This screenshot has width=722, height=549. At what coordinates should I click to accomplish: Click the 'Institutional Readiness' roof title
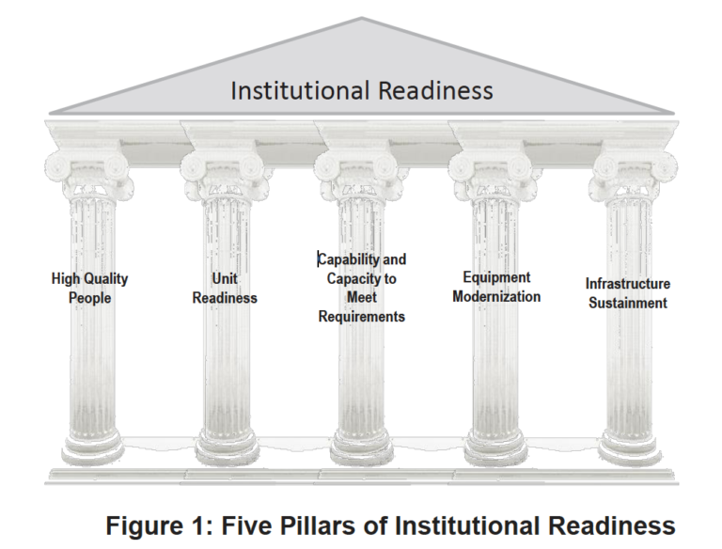pos(362,91)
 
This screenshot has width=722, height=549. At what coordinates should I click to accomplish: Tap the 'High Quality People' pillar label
pos(89,289)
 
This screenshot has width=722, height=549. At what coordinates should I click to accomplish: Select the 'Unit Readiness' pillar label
pos(225,289)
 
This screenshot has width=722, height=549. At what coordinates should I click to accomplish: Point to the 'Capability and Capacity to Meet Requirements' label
pos(362,288)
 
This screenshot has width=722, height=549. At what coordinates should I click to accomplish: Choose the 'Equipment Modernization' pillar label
pos(496,287)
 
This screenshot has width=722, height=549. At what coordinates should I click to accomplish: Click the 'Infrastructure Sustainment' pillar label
pos(628,293)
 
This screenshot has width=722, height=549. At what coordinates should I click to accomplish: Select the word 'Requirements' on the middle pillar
pos(362,317)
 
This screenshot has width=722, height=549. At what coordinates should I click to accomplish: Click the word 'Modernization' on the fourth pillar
pos(496,297)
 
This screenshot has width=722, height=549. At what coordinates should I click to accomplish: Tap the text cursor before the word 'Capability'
pos(318,259)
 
